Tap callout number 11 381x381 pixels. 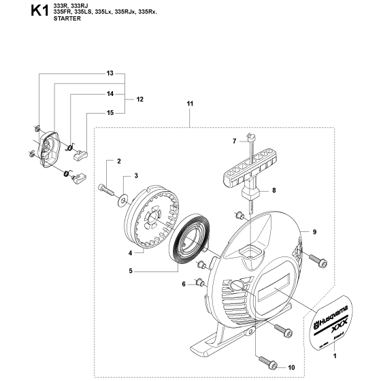(x=190, y=103)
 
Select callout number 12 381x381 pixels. (x=140, y=99)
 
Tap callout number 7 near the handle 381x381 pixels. (x=234, y=141)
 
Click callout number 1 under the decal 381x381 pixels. (x=335, y=348)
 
